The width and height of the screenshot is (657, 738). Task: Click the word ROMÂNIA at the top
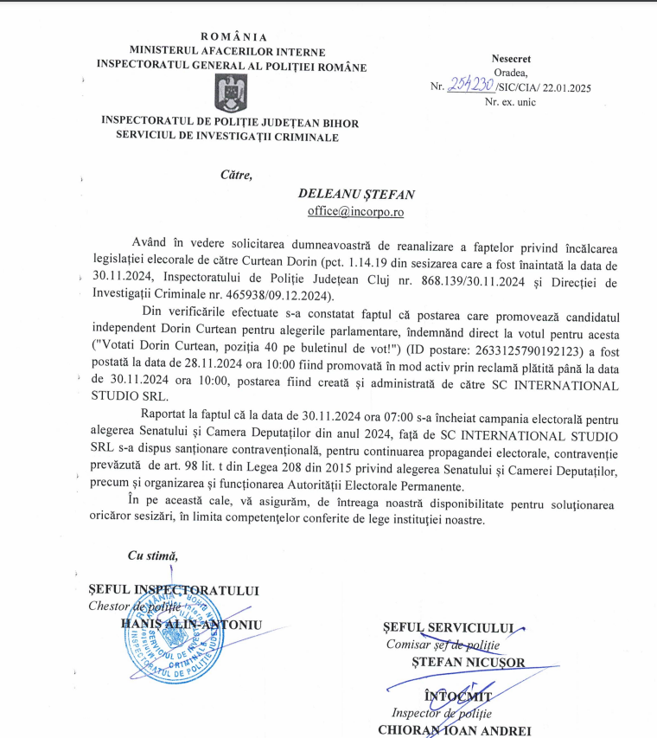233,36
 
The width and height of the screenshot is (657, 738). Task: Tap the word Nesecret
513,56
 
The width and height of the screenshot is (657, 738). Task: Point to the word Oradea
511,72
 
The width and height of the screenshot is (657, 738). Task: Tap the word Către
236,175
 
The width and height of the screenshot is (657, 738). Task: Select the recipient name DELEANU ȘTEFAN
356,195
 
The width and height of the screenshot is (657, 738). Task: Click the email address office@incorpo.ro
356,211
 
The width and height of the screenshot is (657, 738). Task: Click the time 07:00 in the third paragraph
344,419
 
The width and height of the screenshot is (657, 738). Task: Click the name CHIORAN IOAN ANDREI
455,729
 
